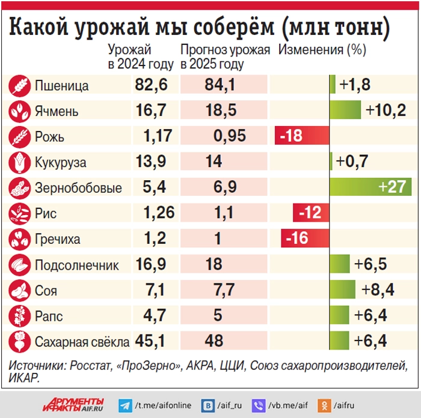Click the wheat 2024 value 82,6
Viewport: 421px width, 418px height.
[150, 86]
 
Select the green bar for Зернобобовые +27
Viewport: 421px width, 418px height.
[370, 187]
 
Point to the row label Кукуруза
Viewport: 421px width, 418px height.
[60, 162]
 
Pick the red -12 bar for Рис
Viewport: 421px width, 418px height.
[310, 213]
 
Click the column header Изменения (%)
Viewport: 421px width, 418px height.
[322, 50]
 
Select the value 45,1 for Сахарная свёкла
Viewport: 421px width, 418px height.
[150, 342]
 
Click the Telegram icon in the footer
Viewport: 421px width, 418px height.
[126, 405]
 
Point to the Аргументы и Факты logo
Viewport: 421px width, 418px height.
[73, 405]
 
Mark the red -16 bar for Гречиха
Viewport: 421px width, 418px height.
[304, 238]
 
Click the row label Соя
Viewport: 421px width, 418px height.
[46, 291]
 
